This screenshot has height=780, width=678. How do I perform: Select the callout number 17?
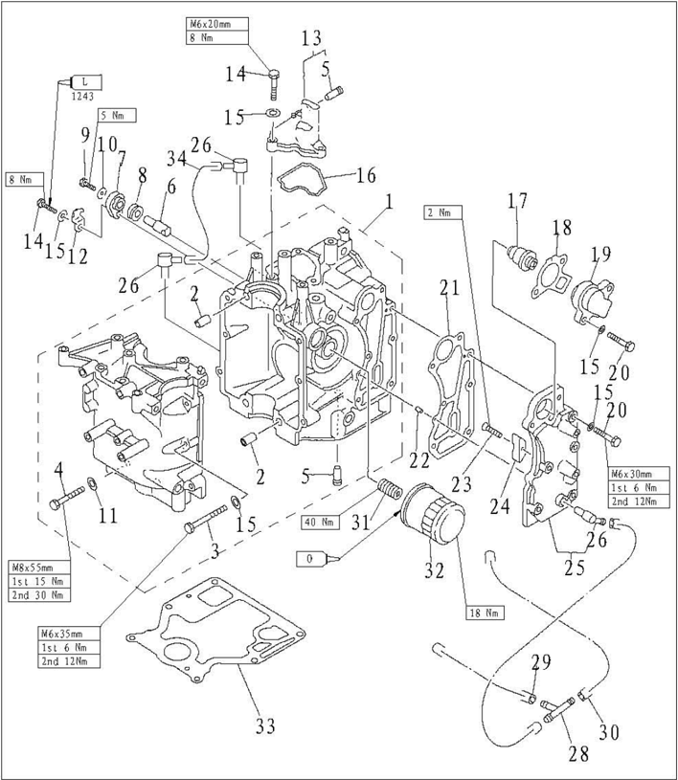click(x=518, y=202)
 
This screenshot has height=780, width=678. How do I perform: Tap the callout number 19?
click(x=599, y=256)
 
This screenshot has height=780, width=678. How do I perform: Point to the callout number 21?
click(x=450, y=287)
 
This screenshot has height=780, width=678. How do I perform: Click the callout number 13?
click(x=312, y=38)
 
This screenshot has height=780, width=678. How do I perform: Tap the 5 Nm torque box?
click(x=118, y=115)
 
